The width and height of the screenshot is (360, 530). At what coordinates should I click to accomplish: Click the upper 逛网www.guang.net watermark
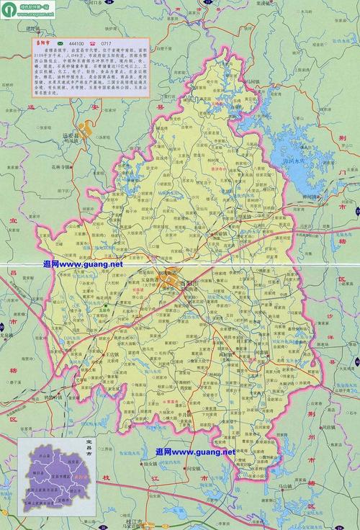click(83, 264)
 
